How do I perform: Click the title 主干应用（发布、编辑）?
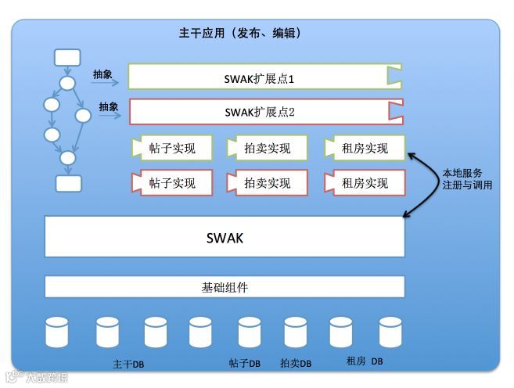(239, 34)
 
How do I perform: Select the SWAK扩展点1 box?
(264, 77)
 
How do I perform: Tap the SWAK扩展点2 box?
(264, 112)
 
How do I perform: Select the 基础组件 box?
(225, 287)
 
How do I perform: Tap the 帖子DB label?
(244, 364)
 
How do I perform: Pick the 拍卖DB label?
(296, 364)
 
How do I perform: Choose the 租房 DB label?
(365, 361)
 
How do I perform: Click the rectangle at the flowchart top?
(67, 57)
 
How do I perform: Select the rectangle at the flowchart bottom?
(68, 183)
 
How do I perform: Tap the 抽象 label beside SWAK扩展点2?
(108, 106)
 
